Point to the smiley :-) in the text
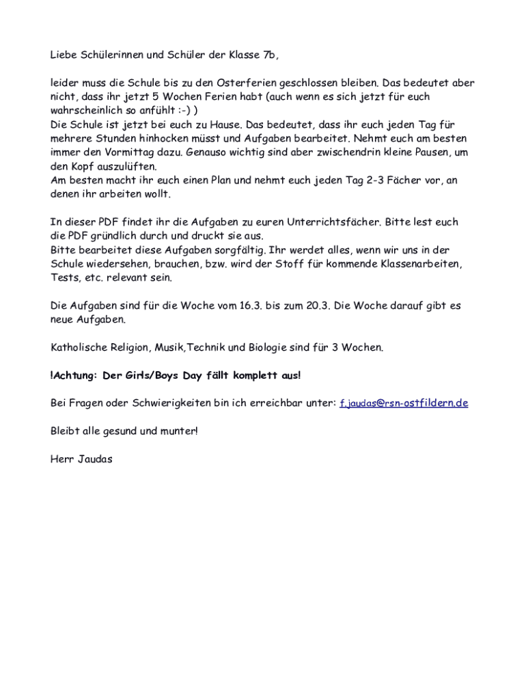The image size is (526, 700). [185, 110]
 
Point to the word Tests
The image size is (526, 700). [66, 278]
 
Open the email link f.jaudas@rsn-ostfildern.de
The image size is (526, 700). [404, 403]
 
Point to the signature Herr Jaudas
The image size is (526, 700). [81, 459]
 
